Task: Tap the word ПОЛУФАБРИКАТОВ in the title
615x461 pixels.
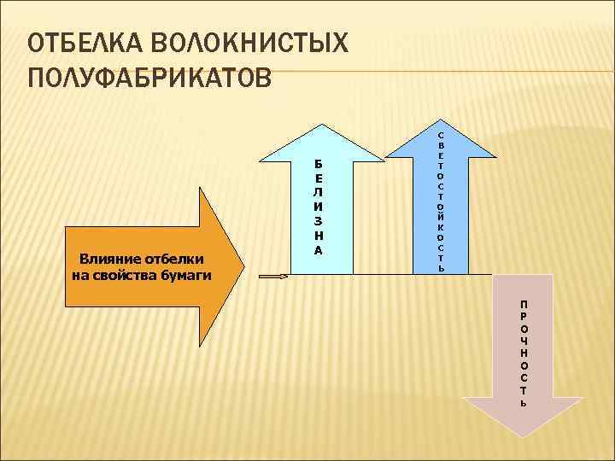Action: click(149, 78)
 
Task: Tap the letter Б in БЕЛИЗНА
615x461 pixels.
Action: click(318, 164)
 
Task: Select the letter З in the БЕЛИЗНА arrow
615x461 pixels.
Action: click(318, 221)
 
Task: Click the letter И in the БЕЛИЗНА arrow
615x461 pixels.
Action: click(318, 207)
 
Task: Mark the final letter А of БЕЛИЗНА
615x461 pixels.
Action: click(318, 250)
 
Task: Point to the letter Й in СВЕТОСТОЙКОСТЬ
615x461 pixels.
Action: click(440, 207)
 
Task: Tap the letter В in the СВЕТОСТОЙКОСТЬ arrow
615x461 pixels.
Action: click(440, 145)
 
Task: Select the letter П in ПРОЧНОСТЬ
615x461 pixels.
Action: click(523, 304)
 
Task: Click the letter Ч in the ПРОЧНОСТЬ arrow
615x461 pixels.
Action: click(523, 341)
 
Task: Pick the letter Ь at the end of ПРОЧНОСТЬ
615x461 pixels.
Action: click(523, 402)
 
